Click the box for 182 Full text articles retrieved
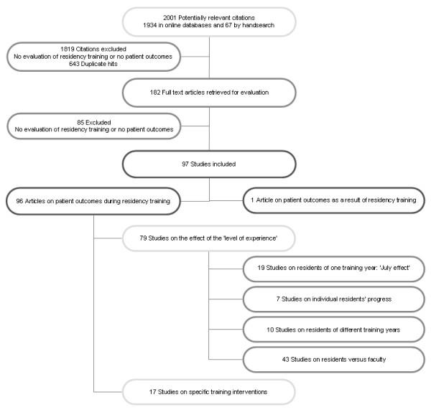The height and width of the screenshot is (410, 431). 208,91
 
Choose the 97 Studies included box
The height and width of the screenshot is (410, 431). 208,164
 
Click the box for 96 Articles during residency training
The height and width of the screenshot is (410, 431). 94,202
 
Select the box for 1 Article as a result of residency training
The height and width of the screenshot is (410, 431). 329,202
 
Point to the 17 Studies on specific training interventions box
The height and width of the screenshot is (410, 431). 208,392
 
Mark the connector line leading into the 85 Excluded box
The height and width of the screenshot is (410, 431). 194,125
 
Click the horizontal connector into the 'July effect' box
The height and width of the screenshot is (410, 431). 226,269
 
